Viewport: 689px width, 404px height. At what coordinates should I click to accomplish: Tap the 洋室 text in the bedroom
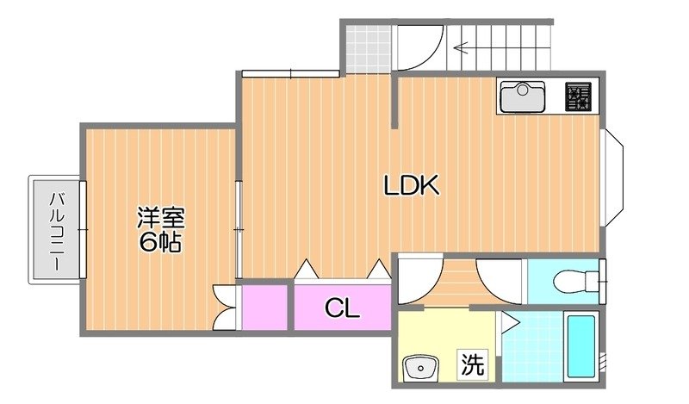tap(161, 216)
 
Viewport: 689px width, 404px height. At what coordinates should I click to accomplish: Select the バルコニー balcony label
tap(57, 230)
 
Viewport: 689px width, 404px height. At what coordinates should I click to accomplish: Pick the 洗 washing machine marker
tap(471, 364)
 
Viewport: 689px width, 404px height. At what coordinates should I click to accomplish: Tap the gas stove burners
tap(578, 97)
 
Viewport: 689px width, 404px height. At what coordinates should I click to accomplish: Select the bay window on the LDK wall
tap(614, 177)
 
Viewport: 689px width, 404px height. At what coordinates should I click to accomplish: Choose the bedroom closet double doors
tap(225, 308)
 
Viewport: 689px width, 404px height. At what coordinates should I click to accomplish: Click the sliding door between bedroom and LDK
tap(239, 220)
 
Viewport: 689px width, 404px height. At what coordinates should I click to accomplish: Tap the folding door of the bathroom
tap(508, 324)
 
